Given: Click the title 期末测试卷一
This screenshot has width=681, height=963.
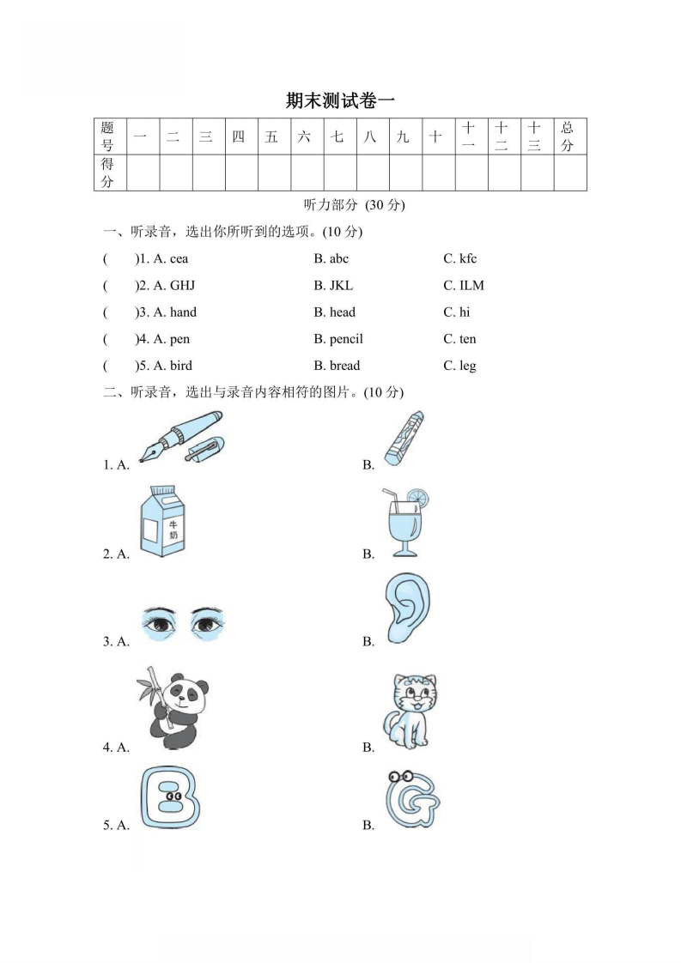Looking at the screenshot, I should coord(340,100).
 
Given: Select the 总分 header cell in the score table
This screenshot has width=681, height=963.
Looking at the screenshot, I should coord(569,136).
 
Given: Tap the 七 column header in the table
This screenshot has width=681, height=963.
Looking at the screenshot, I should coord(337,136).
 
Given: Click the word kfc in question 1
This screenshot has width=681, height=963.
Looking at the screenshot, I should coord(467,258).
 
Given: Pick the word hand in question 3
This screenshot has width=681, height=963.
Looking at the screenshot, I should coord(183,312).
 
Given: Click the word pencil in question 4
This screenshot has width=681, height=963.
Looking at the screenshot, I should coord(346,339).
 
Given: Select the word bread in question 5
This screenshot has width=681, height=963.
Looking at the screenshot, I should coord(344,366).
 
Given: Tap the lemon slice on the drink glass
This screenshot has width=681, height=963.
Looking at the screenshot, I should coord(418,498).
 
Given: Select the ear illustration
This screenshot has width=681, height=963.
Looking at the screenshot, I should coord(407,609).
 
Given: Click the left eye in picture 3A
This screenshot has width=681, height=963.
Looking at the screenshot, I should coord(160,623).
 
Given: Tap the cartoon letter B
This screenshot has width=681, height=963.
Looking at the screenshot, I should coord(168,799).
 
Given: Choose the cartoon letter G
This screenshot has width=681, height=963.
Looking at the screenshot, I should coord(410,799).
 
